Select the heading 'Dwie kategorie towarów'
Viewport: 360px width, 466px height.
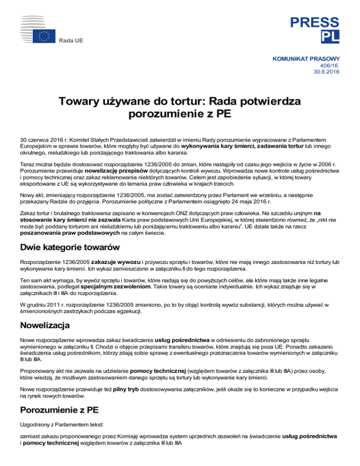[x=64, y=247]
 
